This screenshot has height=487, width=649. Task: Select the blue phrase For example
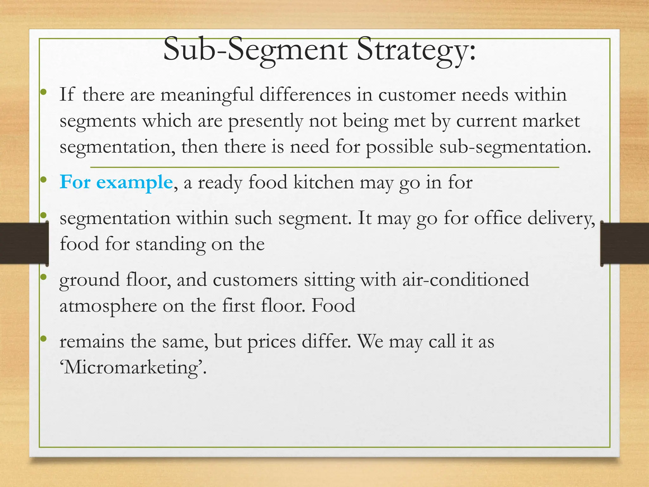click(116, 182)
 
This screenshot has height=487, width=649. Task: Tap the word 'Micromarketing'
click(133, 368)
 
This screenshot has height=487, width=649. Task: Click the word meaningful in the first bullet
click(207, 95)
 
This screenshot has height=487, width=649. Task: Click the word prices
click(271, 342)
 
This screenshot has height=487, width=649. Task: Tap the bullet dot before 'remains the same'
click(44, 339)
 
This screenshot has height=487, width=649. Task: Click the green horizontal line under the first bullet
click(324, 167)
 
